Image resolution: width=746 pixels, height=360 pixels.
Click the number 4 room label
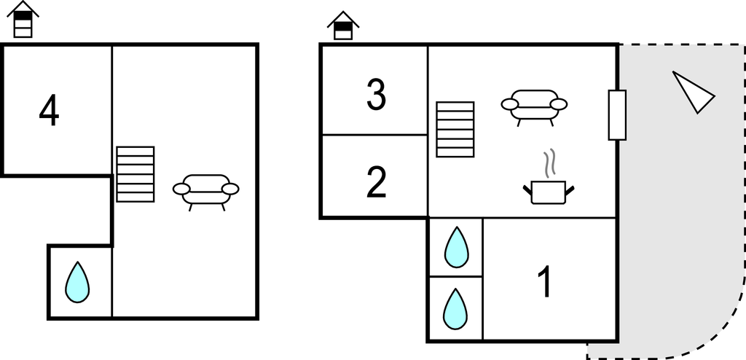49,111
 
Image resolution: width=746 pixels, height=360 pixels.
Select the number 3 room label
376,95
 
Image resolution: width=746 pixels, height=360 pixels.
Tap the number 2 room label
376,183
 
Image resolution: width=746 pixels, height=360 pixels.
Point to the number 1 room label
544,282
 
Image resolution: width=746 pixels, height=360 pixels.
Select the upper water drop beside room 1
456,247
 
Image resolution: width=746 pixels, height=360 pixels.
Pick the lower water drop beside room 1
455,308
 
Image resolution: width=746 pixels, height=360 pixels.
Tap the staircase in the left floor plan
136,174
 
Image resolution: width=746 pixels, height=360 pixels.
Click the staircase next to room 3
455,129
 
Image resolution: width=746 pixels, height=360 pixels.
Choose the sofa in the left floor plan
206,190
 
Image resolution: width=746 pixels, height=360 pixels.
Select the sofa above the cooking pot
534,106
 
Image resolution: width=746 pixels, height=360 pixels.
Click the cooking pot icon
549,192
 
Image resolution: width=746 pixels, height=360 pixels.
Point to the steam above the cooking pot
551,163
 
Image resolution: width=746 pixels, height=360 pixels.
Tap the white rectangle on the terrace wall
617,115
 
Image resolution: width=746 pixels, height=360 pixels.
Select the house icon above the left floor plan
24,20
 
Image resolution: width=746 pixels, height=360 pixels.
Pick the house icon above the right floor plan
343,26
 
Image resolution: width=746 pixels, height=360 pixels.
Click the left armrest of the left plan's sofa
181,189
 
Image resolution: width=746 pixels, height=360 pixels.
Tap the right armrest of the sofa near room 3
559,104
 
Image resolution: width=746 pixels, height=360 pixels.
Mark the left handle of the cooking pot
527,191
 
